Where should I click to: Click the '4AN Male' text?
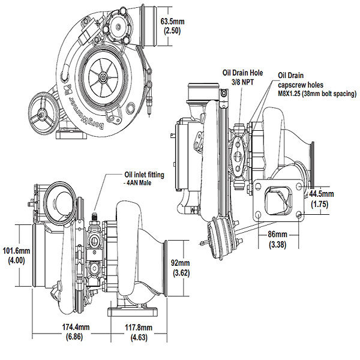pyautogui.click(x=134, y=182)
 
